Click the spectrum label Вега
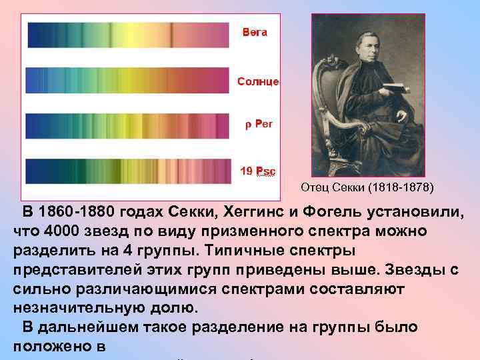point(255,33)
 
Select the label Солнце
point(258,81)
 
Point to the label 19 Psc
point(258,171)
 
